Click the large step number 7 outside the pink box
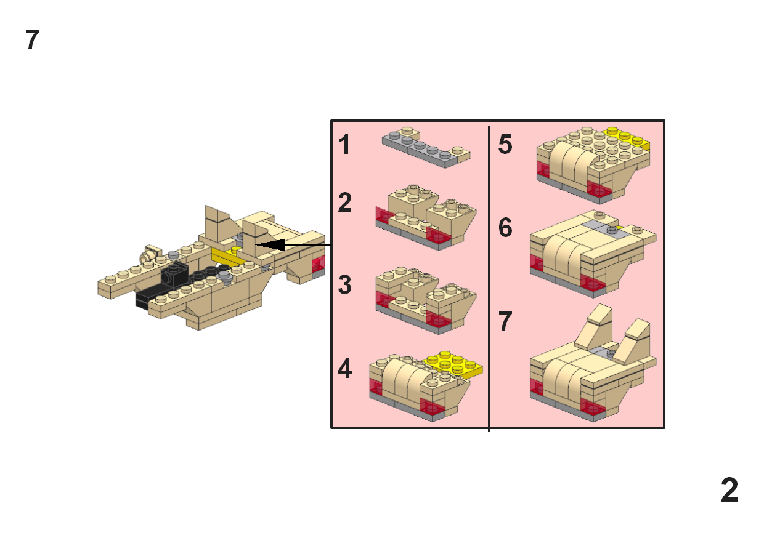tap(33, 41)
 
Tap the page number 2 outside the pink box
tap(729, 491)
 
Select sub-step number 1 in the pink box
tap(345, 145)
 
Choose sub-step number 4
tap(345, 369)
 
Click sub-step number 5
tap(505, 145)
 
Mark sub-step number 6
tap(505, 228)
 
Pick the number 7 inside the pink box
tap(505, 321)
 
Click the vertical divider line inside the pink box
tap(489, 277)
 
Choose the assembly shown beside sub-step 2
tap(425, 215)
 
